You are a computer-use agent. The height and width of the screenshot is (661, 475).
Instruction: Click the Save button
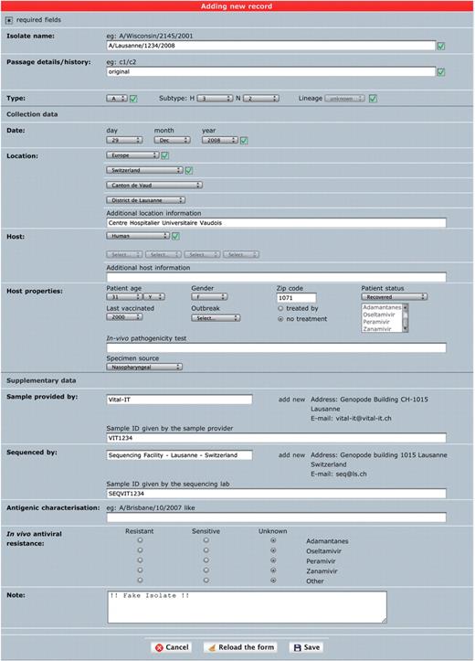[x=307, y=647]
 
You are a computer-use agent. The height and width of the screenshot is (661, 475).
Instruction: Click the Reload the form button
[x=239, y=647]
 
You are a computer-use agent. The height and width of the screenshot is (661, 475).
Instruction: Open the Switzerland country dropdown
[x=144, y=170]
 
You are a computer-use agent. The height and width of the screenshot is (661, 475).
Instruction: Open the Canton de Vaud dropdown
[x=153, y=185]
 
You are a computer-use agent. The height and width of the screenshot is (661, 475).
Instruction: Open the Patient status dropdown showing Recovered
[x=394, y=297]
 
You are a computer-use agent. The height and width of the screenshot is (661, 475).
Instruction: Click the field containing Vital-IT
[x=179, y=400]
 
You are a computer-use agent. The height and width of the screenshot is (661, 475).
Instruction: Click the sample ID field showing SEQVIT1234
[x=276, y=494]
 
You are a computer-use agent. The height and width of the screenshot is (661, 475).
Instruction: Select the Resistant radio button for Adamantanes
[x=140, y=540]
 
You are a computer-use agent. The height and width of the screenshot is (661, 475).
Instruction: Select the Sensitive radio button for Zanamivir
[x=206, y=570]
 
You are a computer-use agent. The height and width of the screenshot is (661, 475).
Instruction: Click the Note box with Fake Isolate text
[x=247, y=605]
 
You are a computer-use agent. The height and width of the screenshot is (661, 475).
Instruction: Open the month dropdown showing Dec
[x=174, y=140]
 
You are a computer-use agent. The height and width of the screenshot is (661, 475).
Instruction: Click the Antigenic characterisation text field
[x=276, y=517]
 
